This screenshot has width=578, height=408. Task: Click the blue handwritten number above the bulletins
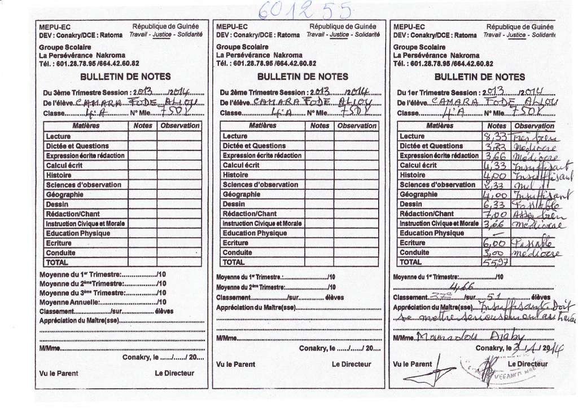pyautogui.click(x=305, y=10)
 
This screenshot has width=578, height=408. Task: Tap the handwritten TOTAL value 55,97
pyautogui.click(x=495, y=263)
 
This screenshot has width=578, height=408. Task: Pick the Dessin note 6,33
pyautogui.click(x=495, y=205)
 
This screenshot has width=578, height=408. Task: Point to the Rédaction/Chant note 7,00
pyautogui.click(x=495, y=214)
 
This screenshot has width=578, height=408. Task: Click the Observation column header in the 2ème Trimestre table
pyautogui.click(x=356, y=126)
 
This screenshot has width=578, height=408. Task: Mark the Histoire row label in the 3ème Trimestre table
pyautogui.click(x=59, y=175)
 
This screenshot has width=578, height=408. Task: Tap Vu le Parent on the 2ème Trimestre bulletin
pyautogui.click(x=236, y=365)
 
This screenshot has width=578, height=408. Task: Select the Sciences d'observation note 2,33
pyautogui.click(x=495, y=185)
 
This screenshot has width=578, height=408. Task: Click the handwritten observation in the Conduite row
pyautogui.click(x=536, y=254)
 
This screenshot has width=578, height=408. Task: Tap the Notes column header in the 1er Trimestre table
pyautogui.click(x=497, y=126)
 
